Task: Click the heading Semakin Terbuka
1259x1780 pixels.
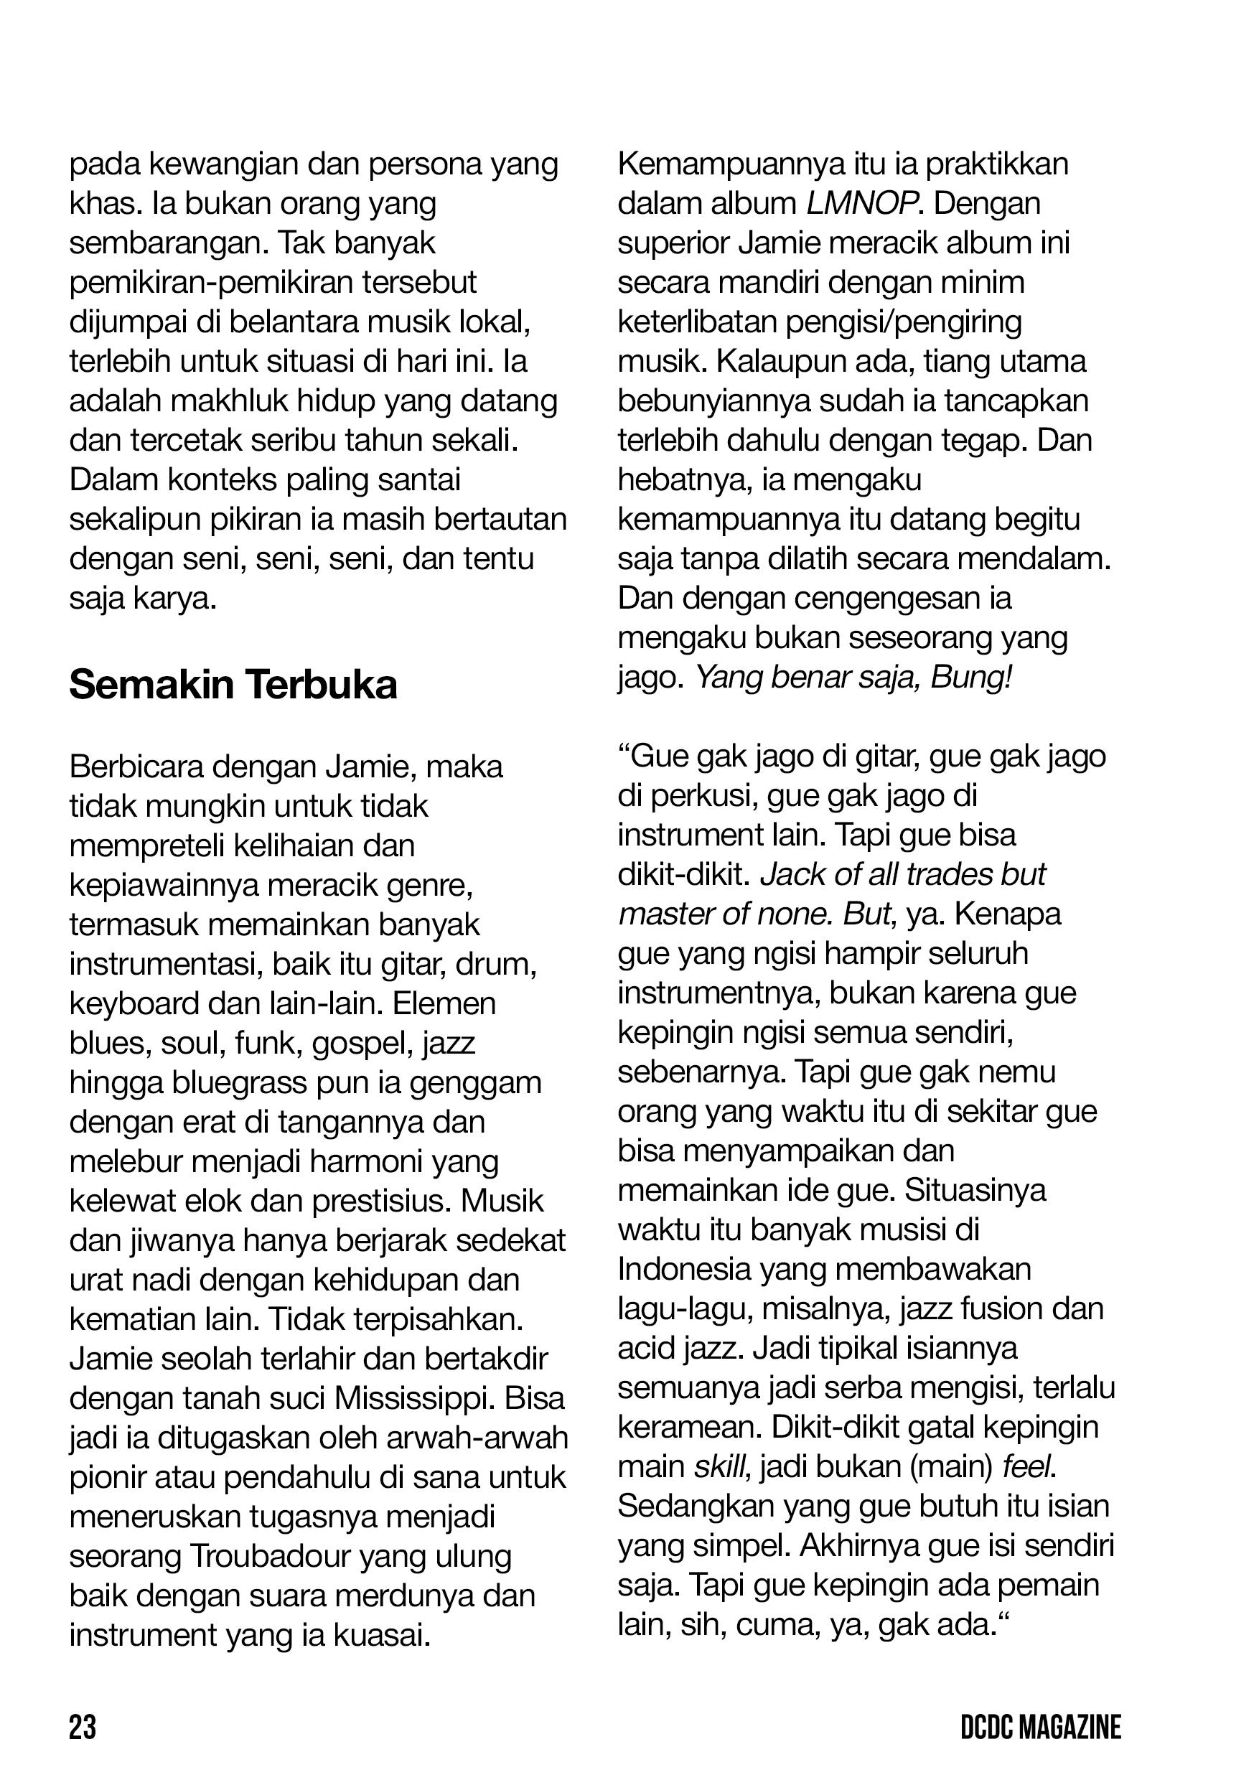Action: coord(233,685)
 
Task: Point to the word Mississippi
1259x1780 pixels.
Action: coord(413,1400)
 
